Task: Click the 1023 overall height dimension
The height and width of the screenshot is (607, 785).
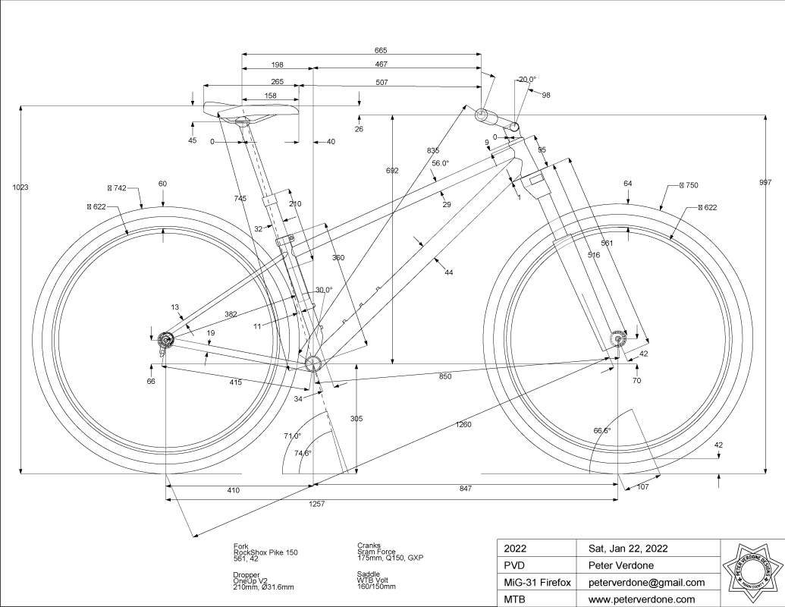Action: pos(20,187)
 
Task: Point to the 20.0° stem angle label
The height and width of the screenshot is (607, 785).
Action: pos(527,79)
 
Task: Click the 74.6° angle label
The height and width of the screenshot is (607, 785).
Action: pos(303,453)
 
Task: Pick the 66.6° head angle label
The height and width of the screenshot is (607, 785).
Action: pos(602,430)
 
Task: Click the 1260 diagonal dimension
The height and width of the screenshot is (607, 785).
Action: pos(464,424)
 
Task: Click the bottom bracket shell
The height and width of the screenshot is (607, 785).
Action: pos(313,365)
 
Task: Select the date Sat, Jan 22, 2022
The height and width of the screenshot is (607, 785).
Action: pos(629,549)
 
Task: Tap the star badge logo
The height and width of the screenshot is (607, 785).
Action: pos(751,573)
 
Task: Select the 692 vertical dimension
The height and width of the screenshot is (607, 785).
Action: pos(392,171)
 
